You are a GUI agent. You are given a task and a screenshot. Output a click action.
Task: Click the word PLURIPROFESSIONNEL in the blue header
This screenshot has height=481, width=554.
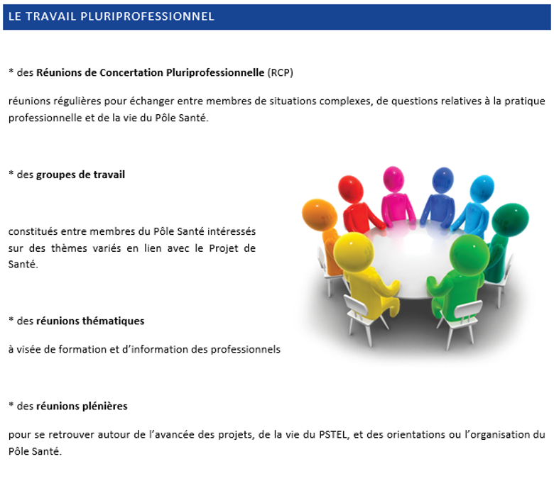[x=147, y=16]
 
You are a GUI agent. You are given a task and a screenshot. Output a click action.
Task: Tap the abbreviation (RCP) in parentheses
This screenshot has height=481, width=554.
[x=280, y=72]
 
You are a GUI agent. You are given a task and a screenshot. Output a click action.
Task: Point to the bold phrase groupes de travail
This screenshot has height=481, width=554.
[x=80, y=175]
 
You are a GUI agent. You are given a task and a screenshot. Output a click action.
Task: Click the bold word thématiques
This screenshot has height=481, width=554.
[x=113, y=321]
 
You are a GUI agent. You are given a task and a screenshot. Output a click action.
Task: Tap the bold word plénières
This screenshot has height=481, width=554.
[x=104, y=406]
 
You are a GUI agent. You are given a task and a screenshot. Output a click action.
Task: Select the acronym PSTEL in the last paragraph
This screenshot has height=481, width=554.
[x=333, y=434]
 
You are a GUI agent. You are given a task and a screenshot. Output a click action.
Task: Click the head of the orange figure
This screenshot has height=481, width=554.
[x=320, y=214]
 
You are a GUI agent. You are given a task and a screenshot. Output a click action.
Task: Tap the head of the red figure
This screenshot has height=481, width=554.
[x=351, y=189]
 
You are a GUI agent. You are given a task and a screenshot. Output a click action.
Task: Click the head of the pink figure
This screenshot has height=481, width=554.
[x=393, y=179]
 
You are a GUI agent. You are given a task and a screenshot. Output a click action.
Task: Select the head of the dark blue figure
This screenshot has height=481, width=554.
[x=442, y=180]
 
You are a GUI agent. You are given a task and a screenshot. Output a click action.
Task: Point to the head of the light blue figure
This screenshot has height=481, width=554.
[x=482, y=189]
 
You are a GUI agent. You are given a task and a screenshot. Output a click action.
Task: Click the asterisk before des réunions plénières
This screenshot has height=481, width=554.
[x=11, y=404]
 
